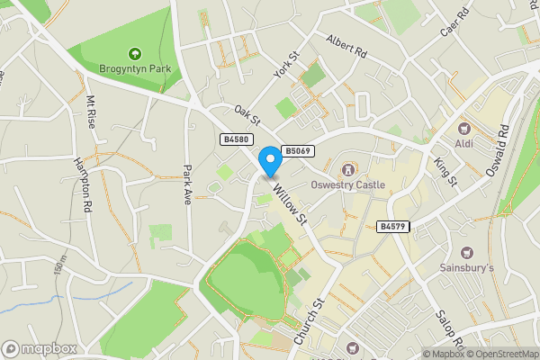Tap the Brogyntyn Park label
click(135, 68)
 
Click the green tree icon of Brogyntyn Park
click(135, 54)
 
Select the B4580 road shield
click(235, 139)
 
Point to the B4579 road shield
click(393, 227)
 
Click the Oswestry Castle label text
click(347, 185)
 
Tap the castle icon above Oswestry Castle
click(347, 170)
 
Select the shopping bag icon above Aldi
click(466, 129)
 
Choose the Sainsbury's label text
click(466, 268)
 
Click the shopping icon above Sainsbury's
click(466, 253)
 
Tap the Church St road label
click(308, 323)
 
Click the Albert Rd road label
click(346, 46)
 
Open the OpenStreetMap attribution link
click(502, 354)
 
